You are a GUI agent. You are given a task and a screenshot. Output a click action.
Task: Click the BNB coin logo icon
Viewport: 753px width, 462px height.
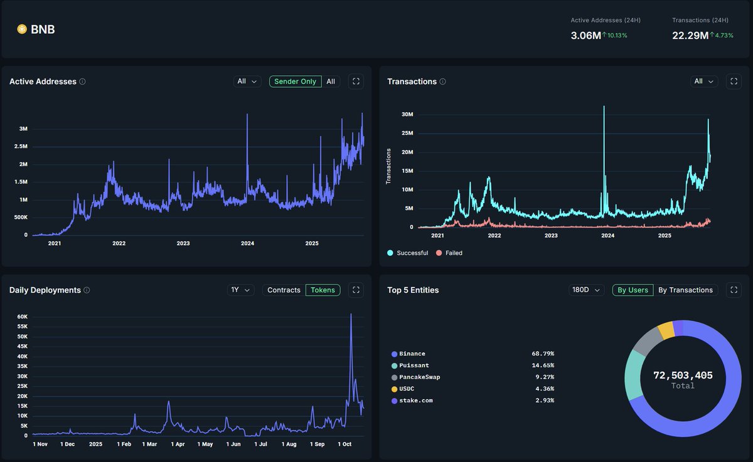(x=22, y=29)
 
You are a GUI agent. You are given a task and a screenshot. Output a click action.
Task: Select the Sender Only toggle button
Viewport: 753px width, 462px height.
(x=295, y=81)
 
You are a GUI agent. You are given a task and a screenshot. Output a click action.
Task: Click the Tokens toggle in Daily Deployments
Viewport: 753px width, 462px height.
(x=323, y=290)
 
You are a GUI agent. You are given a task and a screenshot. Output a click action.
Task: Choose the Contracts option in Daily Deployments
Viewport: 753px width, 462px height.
(x=284, y=290)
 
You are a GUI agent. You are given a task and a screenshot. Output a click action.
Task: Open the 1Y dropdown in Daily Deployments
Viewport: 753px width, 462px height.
(x=240, y=290)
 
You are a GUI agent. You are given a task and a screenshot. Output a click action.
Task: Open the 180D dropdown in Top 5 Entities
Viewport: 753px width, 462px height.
(x=586, y=290)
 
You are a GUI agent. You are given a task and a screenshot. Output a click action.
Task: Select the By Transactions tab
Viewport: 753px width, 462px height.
(x=685, y=290)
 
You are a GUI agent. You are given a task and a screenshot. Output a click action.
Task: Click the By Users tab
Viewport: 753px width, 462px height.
(x=633, y=290)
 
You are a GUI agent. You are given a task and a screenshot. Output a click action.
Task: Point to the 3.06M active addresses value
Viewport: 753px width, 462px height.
(x=585, y=36)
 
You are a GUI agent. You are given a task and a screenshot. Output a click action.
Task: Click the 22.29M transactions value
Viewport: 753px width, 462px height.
(x=690, y=36)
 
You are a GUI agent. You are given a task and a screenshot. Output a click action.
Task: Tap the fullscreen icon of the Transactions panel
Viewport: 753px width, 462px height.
(x=734, y=81)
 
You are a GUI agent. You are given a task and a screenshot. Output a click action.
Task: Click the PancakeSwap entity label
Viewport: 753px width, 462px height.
(x=419, y=377)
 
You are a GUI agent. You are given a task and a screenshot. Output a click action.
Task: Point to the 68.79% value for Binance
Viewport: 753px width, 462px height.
(x=542, y=354)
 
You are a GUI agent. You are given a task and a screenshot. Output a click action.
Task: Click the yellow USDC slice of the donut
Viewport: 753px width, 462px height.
(x=666, y=329)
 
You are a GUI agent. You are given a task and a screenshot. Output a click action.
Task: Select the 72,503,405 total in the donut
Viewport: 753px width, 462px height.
(x=683, y=375)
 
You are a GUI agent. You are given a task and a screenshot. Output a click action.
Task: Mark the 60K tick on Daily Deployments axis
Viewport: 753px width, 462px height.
(x=22, y=317)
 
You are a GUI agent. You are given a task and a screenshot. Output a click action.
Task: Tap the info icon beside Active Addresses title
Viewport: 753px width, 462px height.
(x=83, y=81)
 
